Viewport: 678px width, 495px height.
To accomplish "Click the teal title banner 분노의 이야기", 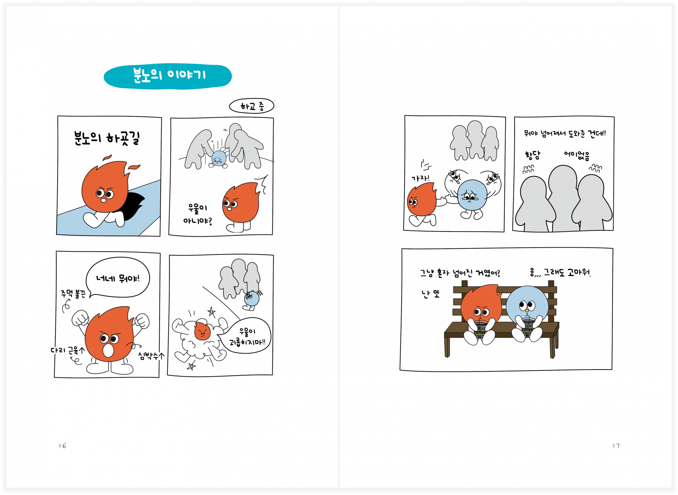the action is tap(168, 76).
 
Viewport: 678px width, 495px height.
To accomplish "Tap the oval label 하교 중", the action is tap(251, 106).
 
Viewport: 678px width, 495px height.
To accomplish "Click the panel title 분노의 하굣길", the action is tap(107, 138).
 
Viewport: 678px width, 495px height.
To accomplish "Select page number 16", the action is tap(63, 446).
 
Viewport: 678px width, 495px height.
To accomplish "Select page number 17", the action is tap(616, 446).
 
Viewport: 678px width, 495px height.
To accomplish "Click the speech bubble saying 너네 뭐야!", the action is tap(118, 278).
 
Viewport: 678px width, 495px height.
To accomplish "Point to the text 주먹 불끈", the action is tap(73, 294).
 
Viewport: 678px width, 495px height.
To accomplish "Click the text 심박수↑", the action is tap(151, 356).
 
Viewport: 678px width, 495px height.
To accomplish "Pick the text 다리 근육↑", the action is tap(68, 350).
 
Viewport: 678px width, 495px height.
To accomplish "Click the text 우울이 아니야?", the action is tap(197, 214).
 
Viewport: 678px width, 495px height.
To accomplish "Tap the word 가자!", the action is tap(420, 178).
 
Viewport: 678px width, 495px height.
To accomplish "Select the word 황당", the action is tap(532, 155).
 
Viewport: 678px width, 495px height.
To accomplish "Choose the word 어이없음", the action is tap(577, 155).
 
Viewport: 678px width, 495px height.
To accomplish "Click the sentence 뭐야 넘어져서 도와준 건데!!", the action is tap(565, 134).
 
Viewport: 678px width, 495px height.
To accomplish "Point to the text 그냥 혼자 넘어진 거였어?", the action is tap(460, 273).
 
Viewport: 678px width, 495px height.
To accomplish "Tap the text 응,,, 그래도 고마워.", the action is tap(560, 272).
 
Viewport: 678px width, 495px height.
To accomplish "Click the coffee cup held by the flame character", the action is tap(480, 330).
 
